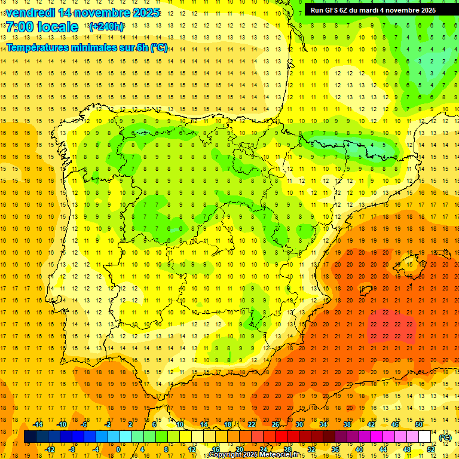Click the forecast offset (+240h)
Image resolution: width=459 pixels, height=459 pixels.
[106, 27]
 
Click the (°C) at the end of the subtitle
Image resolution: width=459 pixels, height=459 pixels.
[159, 47]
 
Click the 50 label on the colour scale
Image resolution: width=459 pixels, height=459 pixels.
[418, 424]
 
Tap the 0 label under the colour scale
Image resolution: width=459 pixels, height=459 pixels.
[118, 449]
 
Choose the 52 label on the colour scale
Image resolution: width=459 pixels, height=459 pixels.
[430, 449]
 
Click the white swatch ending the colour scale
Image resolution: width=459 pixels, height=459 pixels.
[424, 437]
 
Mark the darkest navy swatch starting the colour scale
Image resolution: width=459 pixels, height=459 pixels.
[30, 437]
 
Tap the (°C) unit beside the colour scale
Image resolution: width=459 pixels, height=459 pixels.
[445, 437]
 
